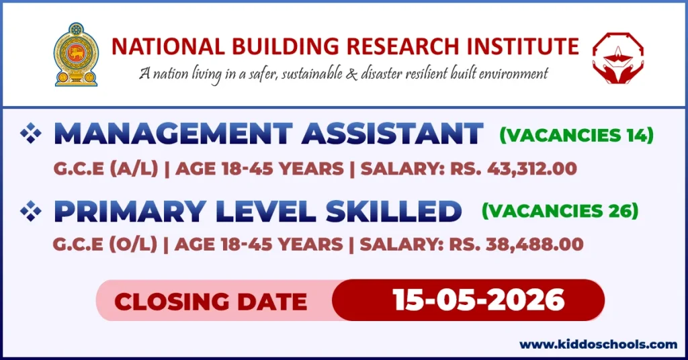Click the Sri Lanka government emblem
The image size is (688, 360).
pyautogui.click(x=75, y=54)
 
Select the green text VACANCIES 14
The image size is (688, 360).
pyautogui.click(x=576, y=136)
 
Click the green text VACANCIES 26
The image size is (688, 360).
pyautogui.click(x=560, y=211)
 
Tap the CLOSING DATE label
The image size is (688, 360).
pyautogui.click(x=210, y=301)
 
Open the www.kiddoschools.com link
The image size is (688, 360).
pyautogui.click(x=598, y=344)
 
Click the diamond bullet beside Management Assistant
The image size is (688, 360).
pyautogui.click(x=30, y=134)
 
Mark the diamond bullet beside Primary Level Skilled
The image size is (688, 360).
pyautogui.click(x=30, y=212)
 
